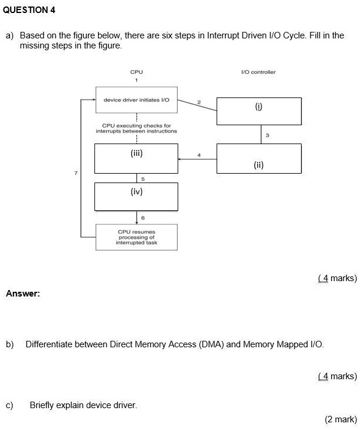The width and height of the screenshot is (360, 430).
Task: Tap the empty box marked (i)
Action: pyautogui.click(x=258, y=111)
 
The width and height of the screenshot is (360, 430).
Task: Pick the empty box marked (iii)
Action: pyautogui.click(x=136, y=158)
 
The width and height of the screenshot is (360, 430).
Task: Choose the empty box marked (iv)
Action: pyautogui.click(x=136, y=196)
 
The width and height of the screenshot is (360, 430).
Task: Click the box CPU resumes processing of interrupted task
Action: pyautogui.click(x=136, y=237)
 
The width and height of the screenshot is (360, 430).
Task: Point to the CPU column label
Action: pyautogui.click(x=136, y=72)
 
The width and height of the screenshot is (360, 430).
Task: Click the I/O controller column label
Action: pyautogui.click(x=258, y=72)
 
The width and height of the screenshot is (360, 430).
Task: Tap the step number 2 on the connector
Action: pyautogui.click(x=199, y=103)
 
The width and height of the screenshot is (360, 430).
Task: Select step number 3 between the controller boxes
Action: pyautogui.click(x=267, y=135)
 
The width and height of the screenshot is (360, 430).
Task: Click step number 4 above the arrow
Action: pyautogui.click(x=199, y=155)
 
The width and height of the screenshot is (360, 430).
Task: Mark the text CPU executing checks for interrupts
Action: pyautogui.click(x=136, y=128)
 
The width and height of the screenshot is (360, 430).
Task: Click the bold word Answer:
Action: pyautogui.click(x=23, y=294)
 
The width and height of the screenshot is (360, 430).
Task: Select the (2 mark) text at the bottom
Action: pyautogui.click(x=341, y=419)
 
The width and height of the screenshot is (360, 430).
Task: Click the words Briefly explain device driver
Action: pyautogui.click(x=83, y=405)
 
